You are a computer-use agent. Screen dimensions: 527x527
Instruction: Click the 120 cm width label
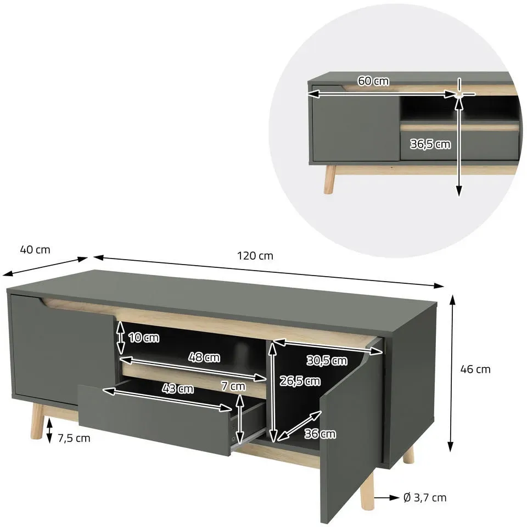[255, 256]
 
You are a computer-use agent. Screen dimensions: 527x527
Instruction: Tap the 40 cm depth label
[35, 250]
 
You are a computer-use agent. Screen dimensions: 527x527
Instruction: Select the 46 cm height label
[475, 369]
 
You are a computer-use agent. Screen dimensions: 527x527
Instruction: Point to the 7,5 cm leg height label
[74, 438]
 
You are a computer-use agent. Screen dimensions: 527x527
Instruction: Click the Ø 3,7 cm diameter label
[425, 497]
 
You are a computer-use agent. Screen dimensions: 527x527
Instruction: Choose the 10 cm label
[144, 338]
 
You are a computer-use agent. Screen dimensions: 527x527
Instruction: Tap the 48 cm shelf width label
[204, 357]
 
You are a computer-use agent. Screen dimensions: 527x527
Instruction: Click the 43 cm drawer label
[178, 389]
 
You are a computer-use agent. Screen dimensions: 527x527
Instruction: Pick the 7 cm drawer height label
[233, 386]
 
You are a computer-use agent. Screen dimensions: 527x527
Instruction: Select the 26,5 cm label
[300, 381]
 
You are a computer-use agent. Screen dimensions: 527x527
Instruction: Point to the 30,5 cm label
[327, 360]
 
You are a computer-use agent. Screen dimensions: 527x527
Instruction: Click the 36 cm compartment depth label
[320, 434]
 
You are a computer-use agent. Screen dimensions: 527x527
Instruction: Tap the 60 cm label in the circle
[373, 81]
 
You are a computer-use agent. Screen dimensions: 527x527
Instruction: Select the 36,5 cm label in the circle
[430, 144]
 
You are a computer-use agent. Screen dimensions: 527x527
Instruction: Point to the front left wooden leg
[36, 422]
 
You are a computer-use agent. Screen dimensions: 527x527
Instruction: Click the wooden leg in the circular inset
[330, 179]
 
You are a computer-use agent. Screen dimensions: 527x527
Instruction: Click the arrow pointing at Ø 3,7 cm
[386, 497]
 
